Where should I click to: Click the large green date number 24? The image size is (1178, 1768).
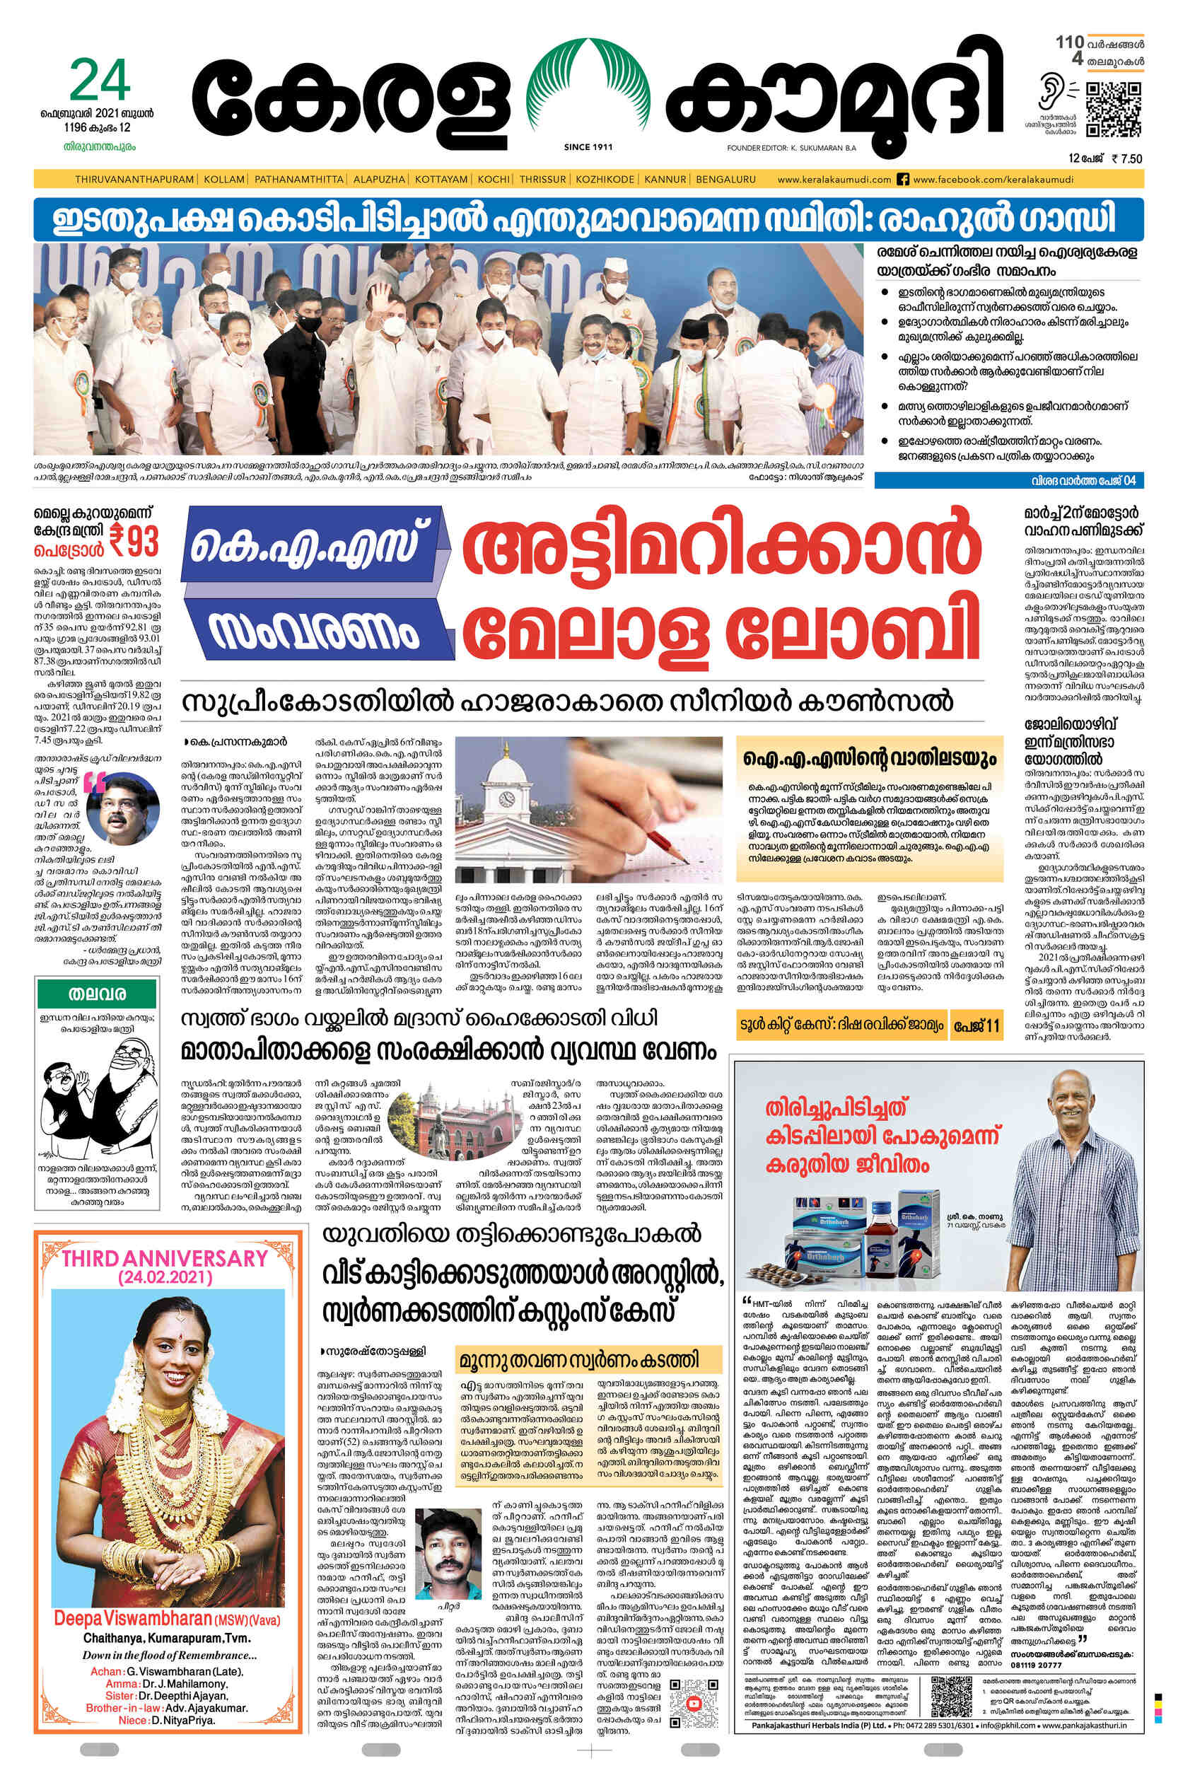point(100,82)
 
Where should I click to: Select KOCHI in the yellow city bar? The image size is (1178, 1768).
point(494,180)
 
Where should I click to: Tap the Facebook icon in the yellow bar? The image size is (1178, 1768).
point(904,180)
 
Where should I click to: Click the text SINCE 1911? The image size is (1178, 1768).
point(588,147)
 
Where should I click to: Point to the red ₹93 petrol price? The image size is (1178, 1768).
point(134,540)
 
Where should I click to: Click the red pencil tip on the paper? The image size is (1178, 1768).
point(682,856)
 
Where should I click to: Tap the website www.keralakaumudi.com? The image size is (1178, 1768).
point(834,180)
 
